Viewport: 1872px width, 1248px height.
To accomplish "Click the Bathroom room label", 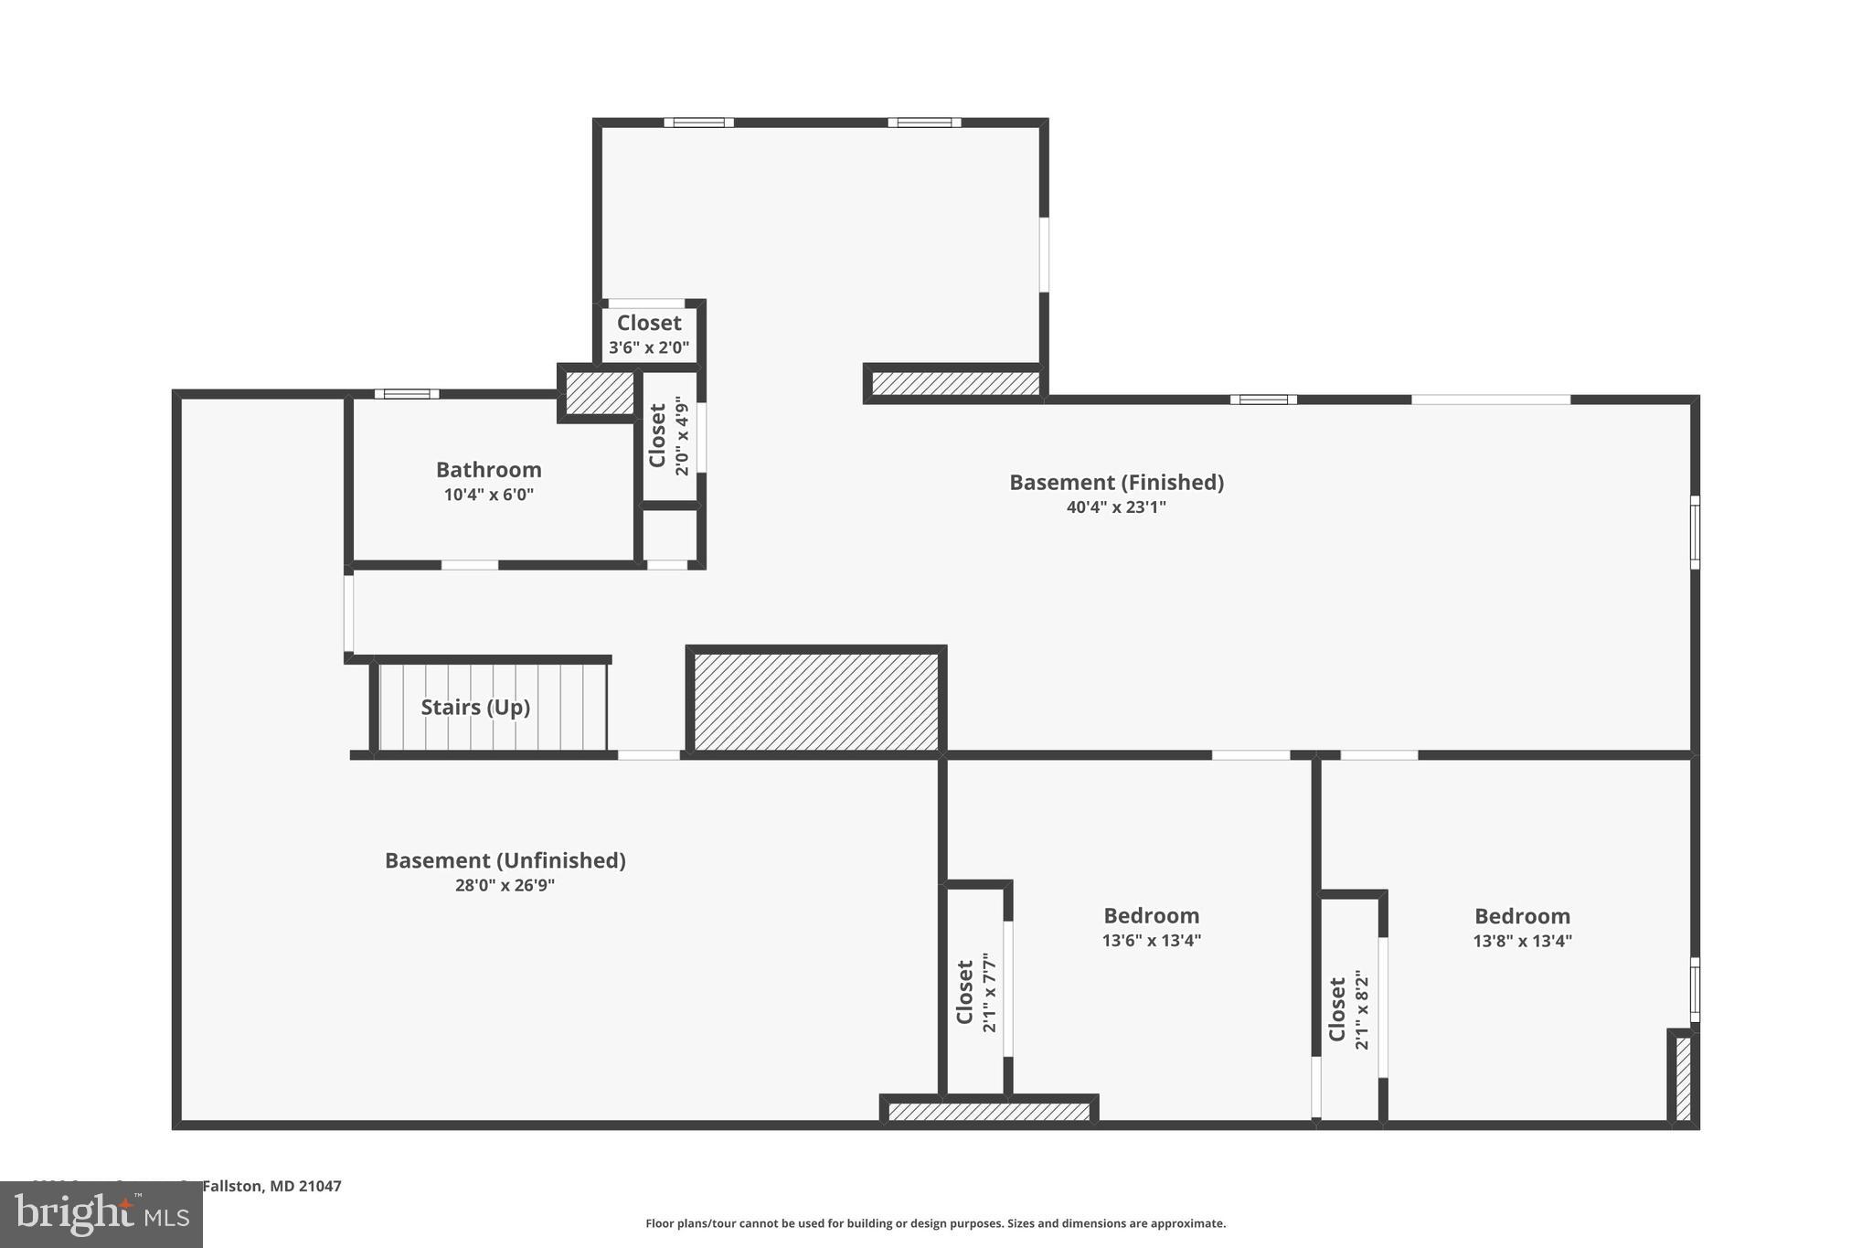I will point(488,470).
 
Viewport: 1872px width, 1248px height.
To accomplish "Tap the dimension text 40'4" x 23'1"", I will point(1115,507).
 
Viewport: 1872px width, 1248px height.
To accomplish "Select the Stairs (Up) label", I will point(475,707).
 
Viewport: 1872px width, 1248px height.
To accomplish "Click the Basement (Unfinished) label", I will point(505,860).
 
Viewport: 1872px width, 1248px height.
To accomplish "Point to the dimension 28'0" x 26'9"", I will point(505,885).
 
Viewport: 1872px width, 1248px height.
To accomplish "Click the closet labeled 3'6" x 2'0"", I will point(649,335).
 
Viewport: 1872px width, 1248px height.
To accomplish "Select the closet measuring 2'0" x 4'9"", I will point(668,436).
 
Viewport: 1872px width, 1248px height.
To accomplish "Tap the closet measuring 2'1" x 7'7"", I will point(975,991).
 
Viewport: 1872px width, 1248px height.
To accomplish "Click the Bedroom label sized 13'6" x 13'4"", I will point(1151,915).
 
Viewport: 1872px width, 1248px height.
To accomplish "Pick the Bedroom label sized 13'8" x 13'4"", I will point(1522,916).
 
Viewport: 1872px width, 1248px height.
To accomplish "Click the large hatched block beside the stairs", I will point(816,701).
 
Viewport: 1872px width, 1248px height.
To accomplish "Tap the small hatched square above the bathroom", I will point(599,392).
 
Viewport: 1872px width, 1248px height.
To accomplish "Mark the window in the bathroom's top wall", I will point(407,394).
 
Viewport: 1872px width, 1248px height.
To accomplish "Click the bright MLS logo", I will point(101,1214).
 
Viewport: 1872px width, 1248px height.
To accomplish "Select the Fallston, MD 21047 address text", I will point(271,1186).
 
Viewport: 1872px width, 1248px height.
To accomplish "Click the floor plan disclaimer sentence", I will point(935,1223).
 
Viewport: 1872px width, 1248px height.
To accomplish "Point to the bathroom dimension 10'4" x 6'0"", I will point(488,495).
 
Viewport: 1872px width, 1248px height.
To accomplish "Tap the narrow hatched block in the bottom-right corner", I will point(1683,1077).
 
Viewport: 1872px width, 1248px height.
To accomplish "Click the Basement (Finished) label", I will point(1115,482).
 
